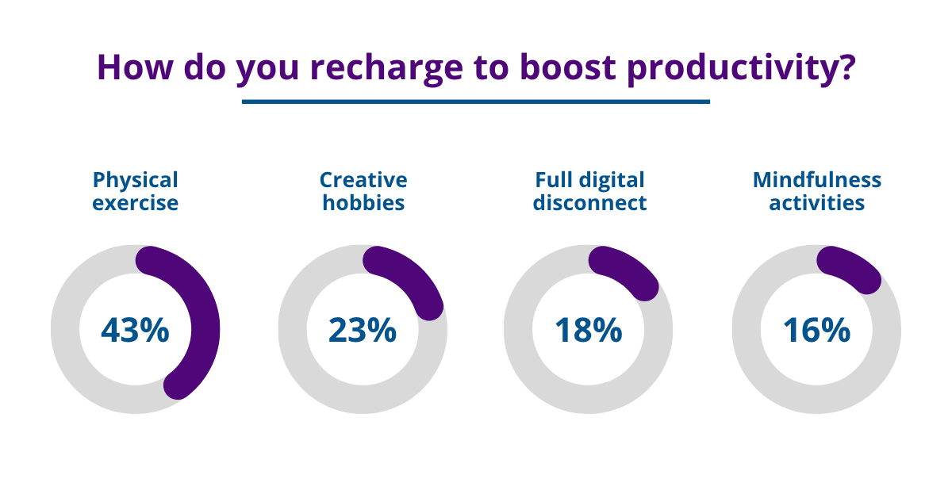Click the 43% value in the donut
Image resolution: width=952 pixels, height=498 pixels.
pos(135,330)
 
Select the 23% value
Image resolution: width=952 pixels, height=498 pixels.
pos(363,330)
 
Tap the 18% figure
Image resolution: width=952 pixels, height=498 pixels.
pos(588,330)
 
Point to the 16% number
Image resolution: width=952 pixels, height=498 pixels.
pos(816,330)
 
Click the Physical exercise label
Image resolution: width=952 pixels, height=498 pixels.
pos(136,191)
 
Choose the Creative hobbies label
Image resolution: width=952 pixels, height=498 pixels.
pos(363,191)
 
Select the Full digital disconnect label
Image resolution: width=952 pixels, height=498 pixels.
pos(589,191)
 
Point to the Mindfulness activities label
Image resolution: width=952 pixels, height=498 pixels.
pos(816,191)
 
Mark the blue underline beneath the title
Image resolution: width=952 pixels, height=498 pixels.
pos(476,102)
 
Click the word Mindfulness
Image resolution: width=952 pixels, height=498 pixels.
pos(816,180)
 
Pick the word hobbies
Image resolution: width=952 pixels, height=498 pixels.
pos(363,203)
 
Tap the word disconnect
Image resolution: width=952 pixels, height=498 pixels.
pos(589,203)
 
